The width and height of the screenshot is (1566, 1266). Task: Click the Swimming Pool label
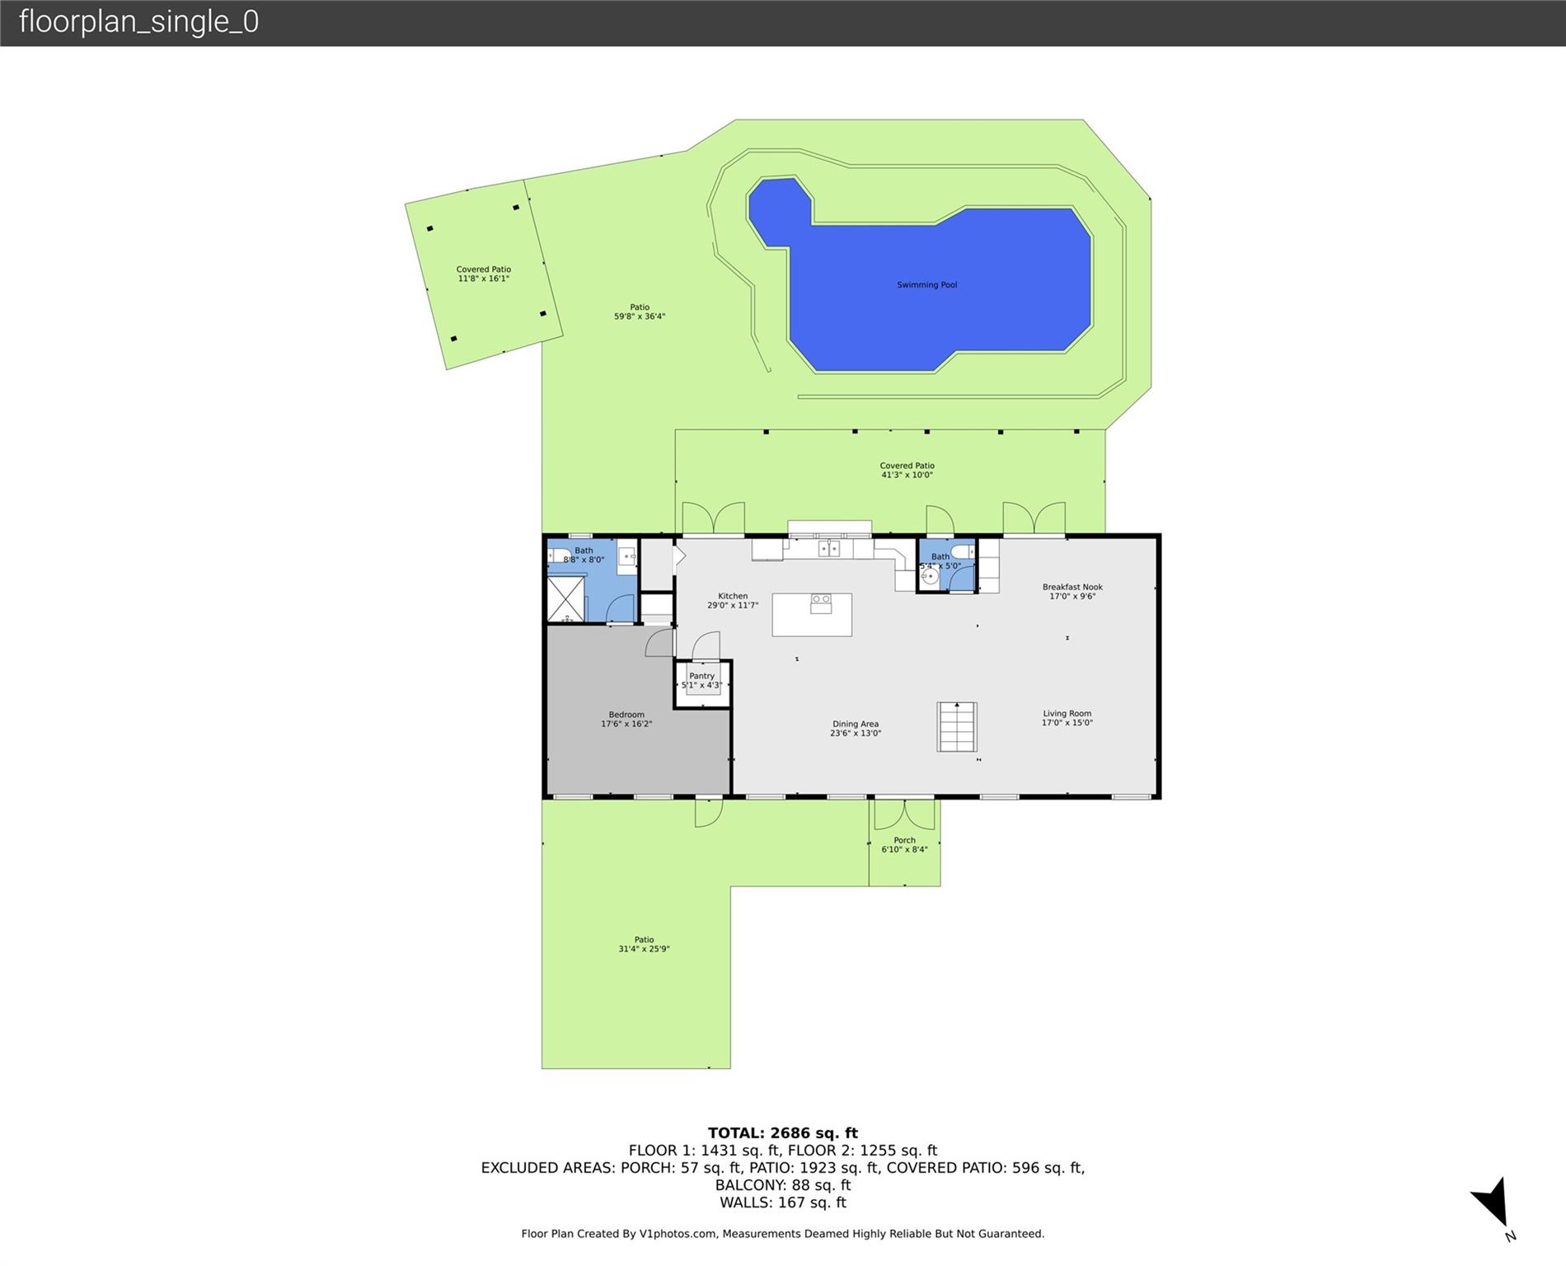pyautogui.click(x=926, y=285)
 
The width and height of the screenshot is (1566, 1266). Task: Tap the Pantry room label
pyautogui.click(x=702, y=676)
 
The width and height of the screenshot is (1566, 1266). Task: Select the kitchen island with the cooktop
pyautogui.click(x=812, y=615)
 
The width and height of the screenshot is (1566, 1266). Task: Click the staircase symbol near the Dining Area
pyautogui.click(x=957, y=726)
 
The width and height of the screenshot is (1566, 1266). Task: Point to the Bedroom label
pyautogui.click(x=626, y=715)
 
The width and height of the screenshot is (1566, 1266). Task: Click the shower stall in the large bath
pyautogui.click(x=566, y=599)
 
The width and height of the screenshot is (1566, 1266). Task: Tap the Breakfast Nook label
pyautogui.click(x=1072, y=588)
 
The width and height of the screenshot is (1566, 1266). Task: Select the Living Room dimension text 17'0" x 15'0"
pyautogui.click(x=1067, y=723)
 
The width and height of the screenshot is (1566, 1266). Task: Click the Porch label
pyautogui.click(x=905, y=841)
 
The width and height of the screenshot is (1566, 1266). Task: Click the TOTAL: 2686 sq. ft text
pyautogui.click(x=783, y=1133)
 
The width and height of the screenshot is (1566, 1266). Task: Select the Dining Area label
pyautogui.click(x=856, y=724)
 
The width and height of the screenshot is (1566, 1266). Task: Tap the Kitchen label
pyautogui.click(x=733, y=596)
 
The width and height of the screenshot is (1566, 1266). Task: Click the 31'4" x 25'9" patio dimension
pyautogui.click(x=644, y=949)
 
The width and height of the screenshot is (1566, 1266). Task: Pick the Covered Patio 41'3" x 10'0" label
pyautogui.click(x=907, y=470)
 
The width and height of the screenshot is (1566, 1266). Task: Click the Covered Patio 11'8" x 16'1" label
pyautogui.click(x=484, y=274)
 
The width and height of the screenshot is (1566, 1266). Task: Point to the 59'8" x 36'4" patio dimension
pyautogui.click(x=640, y=316)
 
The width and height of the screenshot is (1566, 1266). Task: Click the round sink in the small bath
pyautogui.click(x=930, y=577)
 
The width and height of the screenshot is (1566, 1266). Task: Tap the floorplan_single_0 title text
pyautogui.click(x=138, y=21)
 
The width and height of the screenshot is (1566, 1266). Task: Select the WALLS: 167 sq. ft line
pyautogui.click(x=783, y=1203)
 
